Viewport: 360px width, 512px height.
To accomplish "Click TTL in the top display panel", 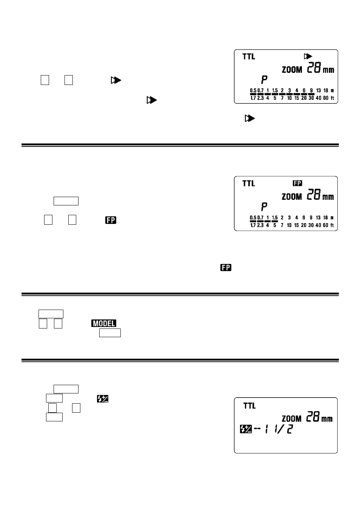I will coord(249,57).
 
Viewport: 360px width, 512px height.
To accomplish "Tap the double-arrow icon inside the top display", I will coord(308,56).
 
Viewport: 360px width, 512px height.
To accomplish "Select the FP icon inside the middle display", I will coord(297,183).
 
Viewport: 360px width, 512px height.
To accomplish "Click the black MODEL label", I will coord(104,323).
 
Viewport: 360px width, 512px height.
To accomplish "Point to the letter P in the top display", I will coord(265,80).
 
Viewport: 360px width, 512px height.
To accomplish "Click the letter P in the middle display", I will coord(265,207).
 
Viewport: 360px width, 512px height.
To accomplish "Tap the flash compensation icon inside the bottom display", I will coord(246,429).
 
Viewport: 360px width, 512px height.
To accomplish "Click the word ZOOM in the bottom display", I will coord(292,419).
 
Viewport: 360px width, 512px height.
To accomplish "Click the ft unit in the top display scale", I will coord(332,98).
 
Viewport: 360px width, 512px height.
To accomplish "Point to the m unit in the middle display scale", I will coord(332,218).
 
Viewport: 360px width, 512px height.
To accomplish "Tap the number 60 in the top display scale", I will coord(326,98).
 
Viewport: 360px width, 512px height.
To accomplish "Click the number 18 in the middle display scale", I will coord(326,218).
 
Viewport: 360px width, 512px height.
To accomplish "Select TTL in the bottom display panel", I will coord(249,406).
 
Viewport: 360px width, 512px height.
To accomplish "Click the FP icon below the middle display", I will coord(226,268).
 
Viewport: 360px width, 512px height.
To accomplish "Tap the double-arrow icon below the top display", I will coord(250,119).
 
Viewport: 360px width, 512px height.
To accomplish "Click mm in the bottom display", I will coord(327,419).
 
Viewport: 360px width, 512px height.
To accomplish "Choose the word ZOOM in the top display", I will coord(292,70).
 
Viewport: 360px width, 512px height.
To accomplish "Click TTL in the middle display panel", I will coord(249,184).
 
